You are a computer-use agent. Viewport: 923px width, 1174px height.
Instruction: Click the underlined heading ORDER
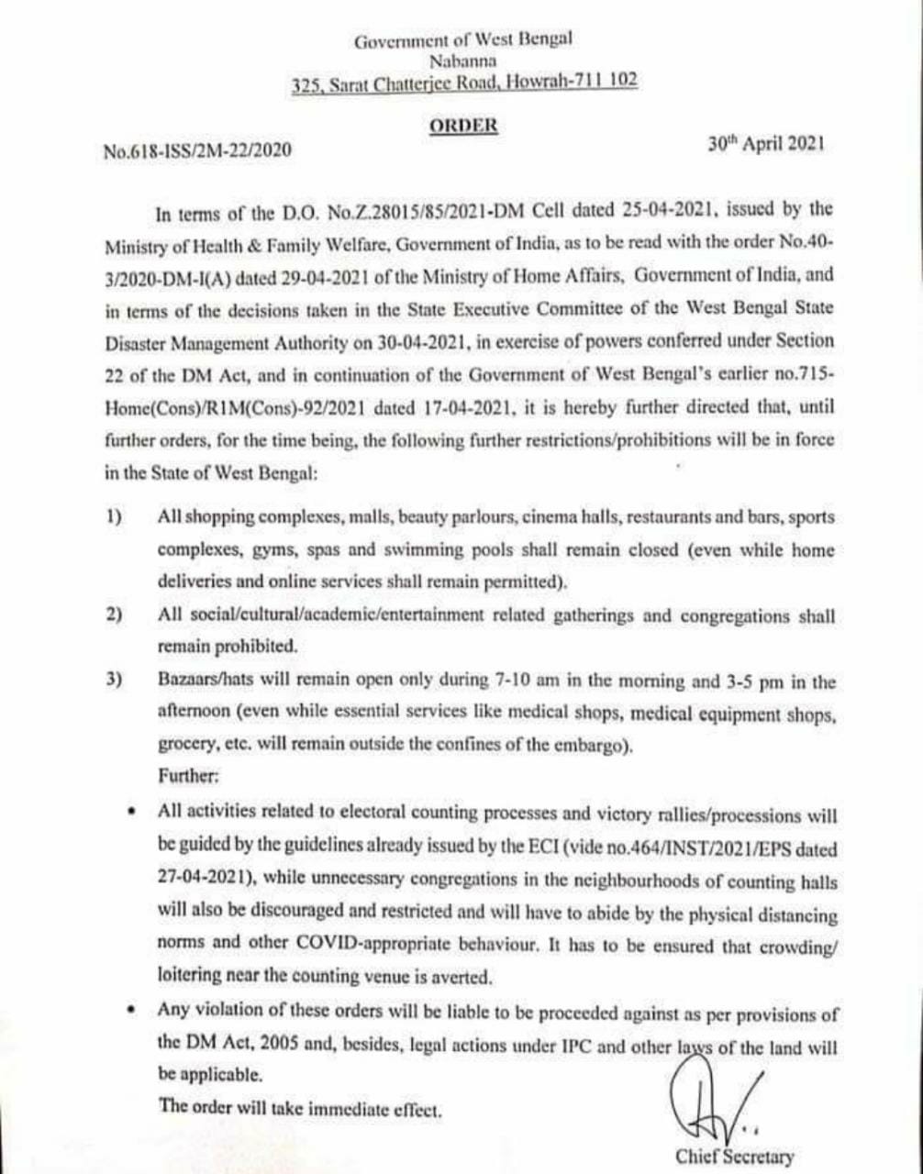pos(462,126)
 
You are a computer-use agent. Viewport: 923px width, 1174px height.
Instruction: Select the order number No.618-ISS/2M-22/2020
pos(198,150)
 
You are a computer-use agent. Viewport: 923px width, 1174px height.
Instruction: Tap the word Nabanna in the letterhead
pos(462,61)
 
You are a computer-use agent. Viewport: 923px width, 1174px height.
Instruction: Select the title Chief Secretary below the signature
pos(735,1157)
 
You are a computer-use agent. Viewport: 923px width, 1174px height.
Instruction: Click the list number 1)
pos(114,517)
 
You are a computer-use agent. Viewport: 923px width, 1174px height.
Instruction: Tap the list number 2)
pos(114,615)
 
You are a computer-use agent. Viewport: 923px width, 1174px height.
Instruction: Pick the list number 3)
pos(114,681)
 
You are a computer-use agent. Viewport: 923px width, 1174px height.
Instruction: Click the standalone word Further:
pos(189,776)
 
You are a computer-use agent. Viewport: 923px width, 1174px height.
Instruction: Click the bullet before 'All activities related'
pos(134,811)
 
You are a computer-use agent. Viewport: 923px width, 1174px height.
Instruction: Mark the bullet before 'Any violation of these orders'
pos(134,1008)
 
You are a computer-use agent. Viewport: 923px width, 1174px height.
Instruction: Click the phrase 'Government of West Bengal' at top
pos(462,40)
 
